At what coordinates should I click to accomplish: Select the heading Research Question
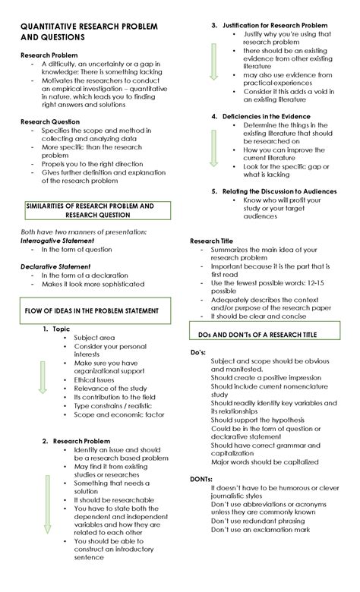50,121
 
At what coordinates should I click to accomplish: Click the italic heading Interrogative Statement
58,240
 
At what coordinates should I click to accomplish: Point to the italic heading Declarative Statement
55,266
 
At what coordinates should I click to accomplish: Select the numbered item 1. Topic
56,329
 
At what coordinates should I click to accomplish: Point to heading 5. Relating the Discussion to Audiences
273,191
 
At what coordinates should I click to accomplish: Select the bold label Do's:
200,352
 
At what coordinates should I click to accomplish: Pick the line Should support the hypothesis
257,420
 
